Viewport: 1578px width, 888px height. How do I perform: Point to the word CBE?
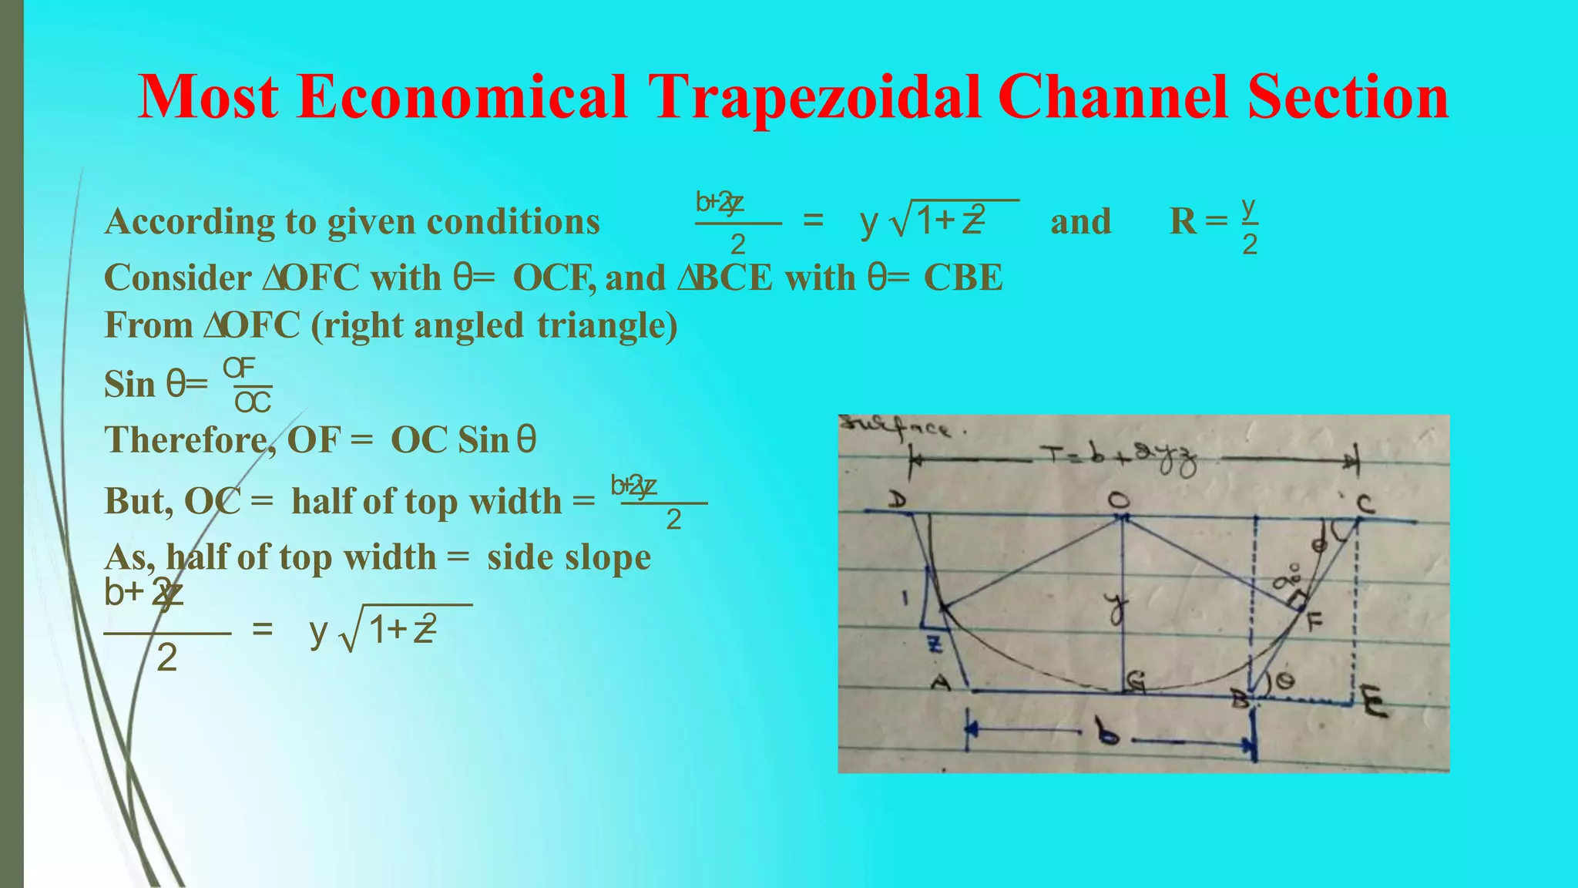pos(963,277)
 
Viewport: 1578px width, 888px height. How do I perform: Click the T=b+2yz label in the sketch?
pos(1121,459)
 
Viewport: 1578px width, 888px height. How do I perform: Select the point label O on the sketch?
pos(1119,500)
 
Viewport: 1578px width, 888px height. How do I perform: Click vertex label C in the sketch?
pos(1365,505)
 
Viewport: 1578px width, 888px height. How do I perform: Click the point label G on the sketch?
pos(1135,681)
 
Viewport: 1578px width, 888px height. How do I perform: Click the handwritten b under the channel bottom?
pos(1108,735)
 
